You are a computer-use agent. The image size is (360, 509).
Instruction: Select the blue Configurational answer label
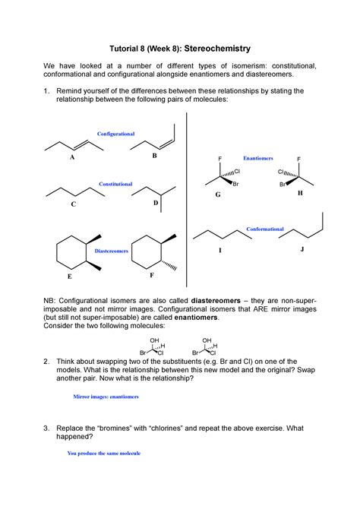[115, 134]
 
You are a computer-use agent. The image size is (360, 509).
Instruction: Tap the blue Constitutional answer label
[115, 184]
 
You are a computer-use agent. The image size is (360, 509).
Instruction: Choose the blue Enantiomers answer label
[257, 159]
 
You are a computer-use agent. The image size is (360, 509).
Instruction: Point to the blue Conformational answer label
[265, 229]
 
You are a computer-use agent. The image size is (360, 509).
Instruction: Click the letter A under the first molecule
[72, 158]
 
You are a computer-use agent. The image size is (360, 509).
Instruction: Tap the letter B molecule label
[154, 156]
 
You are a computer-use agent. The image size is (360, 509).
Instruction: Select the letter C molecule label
[73, 205]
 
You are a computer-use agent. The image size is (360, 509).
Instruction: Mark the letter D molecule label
[155, 204]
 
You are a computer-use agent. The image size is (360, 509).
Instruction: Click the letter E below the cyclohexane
[72, 278]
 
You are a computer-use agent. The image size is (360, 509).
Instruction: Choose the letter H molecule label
[299, 194]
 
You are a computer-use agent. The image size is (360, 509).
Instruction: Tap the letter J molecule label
[302, 248]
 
